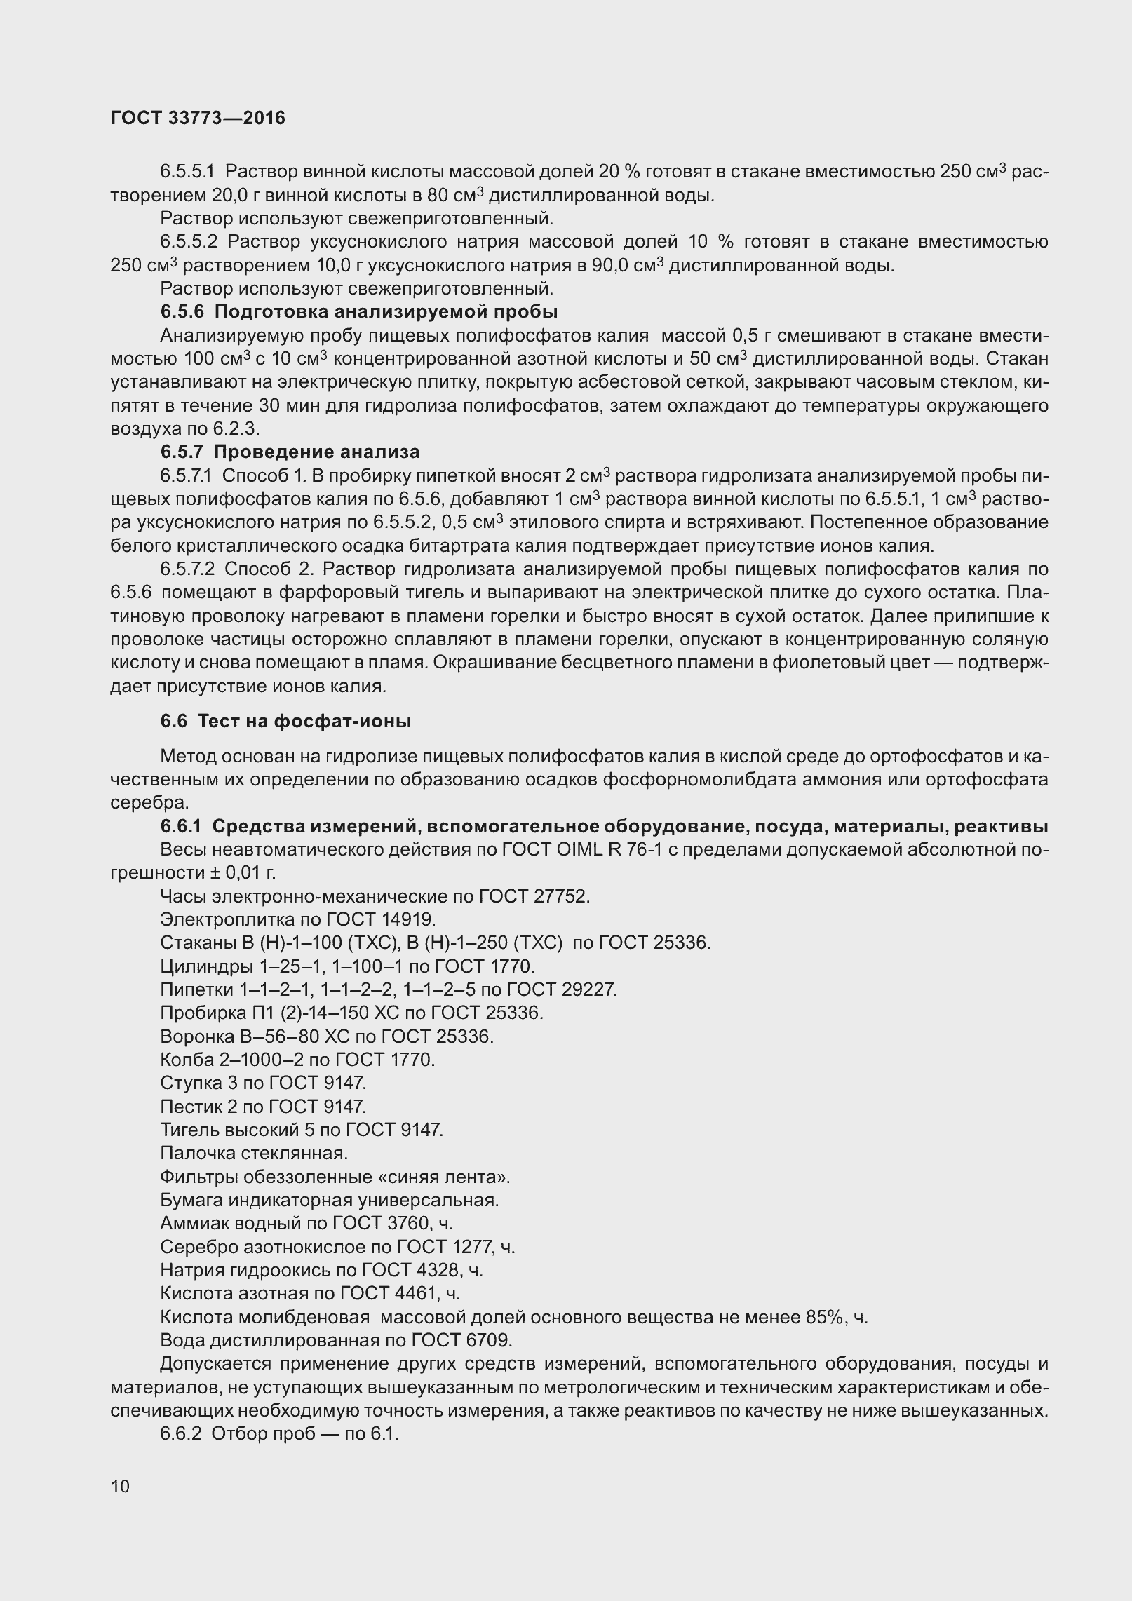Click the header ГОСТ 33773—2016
198,119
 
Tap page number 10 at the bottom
120,1486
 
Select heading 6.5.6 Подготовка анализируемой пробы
359,312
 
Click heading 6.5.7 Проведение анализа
290,452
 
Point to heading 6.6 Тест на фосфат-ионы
285,721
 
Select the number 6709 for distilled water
487,1340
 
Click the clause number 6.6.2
181,1434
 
